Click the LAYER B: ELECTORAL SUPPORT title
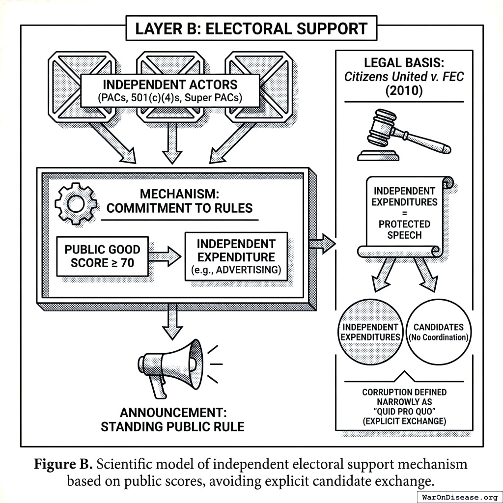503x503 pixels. pyautogui.click(x=251, y=28)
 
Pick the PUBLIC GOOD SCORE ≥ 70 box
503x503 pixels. pyautogui.click(x=102, y=256)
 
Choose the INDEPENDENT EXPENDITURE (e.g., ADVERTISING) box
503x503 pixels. pyautogui.click(x=236, y=256)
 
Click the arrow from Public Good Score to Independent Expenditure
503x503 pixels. pyautogui.click(x=166, y=256)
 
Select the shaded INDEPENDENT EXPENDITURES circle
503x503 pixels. pyautogui.click(x=370, y=332)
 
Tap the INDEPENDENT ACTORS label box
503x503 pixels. pyautogui.click(x=170, y=90)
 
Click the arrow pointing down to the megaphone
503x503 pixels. pyautogui.click(x=172, y=322)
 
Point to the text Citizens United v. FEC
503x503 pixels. pyautogui.click(x=404, y=77)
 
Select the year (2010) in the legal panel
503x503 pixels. pyautogui.click(x=404, y=91)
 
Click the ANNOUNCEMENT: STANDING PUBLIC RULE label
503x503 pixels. pyautogui.click(x=172, y=419)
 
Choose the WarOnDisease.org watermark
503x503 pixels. pyautogui.click(x=459, y=496)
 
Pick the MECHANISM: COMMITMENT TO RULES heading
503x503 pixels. pyautogui.click(x=179, y=201)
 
